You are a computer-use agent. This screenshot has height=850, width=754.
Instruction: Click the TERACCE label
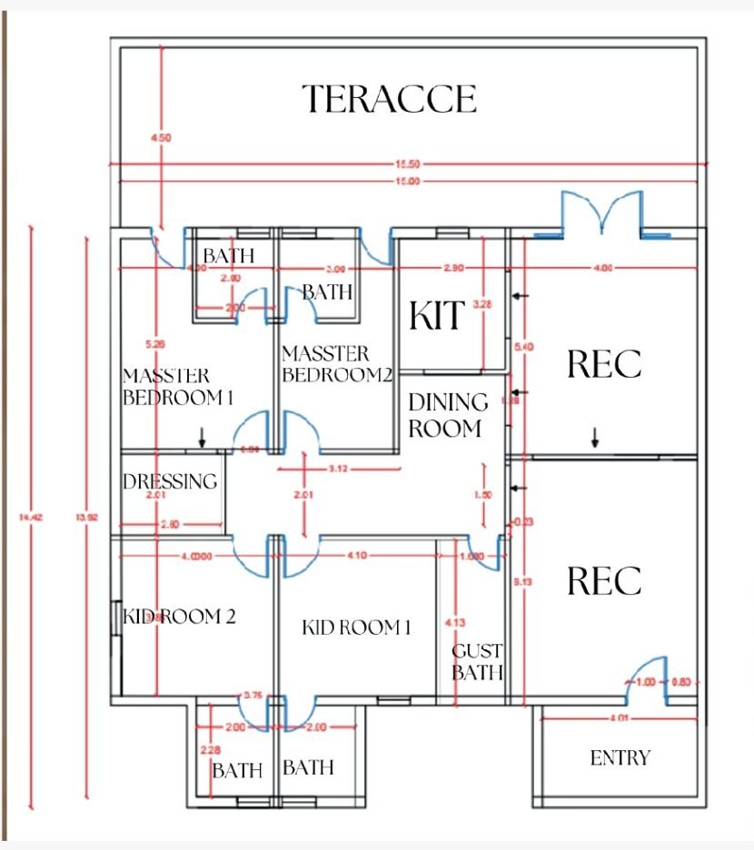tap(389, 98)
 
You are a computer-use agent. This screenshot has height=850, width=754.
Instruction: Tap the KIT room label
tap(437, 315)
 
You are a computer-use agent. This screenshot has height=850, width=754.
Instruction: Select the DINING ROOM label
tap(447, 415)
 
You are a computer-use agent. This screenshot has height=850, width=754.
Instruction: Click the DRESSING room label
tap(170, 481)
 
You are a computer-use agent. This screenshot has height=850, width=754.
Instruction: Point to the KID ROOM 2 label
tap(179, 617)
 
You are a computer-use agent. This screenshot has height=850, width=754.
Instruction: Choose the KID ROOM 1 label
tap(356, 627)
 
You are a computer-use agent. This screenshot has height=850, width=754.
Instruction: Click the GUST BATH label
tap(477, 662)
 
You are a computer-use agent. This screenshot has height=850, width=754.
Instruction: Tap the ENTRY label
tap(620, 757)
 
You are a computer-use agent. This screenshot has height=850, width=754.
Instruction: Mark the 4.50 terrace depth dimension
tap(161, 138)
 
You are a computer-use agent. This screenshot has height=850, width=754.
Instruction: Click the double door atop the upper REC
tap(601, 213)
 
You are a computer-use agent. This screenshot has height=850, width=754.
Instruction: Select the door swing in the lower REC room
tap(650, 677)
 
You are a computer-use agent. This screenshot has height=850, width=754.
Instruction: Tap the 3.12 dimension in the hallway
tap(337, 469)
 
